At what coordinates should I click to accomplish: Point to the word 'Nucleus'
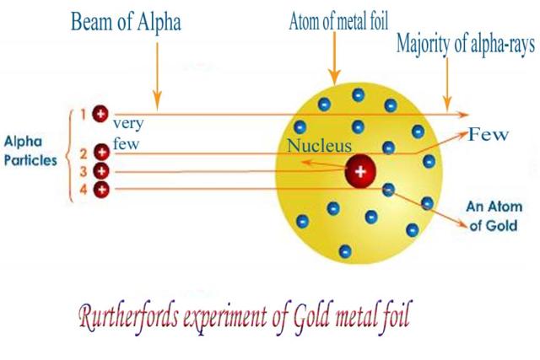(x=319, y=147)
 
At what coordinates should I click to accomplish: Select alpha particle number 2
(x=101, y=153)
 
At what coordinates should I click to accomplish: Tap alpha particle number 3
(x=101, y=171)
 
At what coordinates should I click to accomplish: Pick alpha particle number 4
(x=101, y=190)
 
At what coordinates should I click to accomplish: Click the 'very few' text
(x=127, y=133)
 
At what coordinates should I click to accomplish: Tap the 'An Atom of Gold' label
(x=494, y=217)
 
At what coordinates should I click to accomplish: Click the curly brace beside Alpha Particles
(x=70, y=152)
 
